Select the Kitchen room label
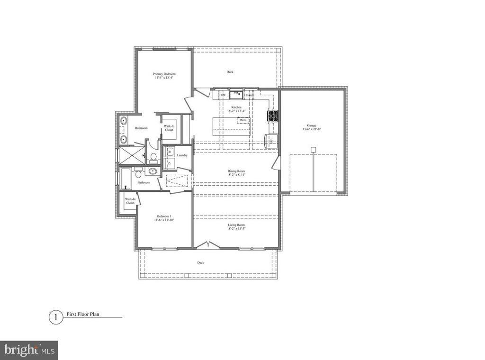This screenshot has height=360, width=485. click(236, 108)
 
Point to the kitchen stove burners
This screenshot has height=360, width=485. click(273, 116)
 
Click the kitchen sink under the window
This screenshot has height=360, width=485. click(236, 95)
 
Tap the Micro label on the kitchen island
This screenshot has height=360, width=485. click(243, 120)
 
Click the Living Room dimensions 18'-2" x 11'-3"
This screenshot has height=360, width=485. click(236, 229)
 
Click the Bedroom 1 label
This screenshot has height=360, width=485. click(163, 216)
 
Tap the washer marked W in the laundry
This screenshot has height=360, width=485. click(169, 152)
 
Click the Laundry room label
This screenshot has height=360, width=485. click(182, 155)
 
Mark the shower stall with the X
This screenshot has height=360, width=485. click(131, 155)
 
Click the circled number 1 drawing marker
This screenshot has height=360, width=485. click(56, 317)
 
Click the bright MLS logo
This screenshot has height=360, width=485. click(29, 350)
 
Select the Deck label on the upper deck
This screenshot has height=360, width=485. click(230, 72)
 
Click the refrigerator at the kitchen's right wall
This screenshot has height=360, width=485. click(271, 141)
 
